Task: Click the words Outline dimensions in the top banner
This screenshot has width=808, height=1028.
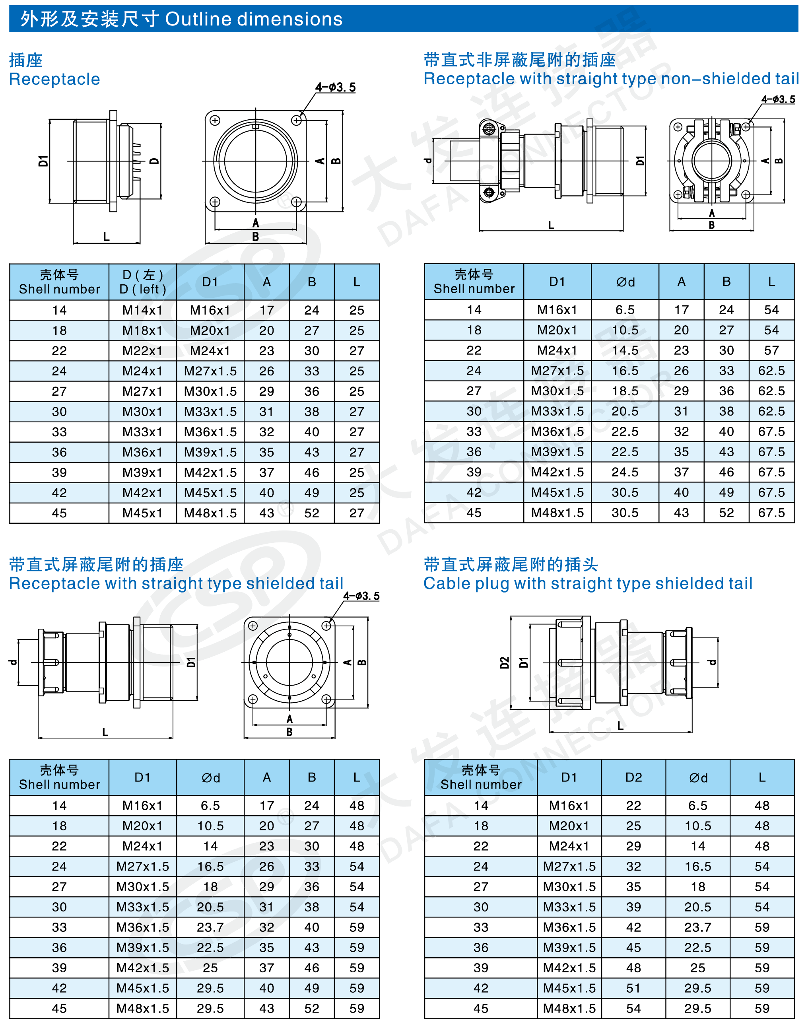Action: click(254, 19)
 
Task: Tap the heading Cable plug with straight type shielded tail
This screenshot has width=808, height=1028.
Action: click(588, 583)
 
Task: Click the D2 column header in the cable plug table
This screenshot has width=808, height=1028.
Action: click(633, 777)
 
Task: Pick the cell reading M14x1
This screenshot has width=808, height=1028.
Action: click(142, 310)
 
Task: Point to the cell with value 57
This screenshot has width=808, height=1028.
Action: click(771, 350)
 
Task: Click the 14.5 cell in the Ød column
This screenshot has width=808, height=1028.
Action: click(625, 350)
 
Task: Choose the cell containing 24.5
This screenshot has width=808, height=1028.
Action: click(625, 472)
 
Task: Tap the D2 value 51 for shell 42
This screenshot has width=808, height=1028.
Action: click(633, 988)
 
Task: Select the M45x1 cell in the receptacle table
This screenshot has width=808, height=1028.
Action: click(142, 513)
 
